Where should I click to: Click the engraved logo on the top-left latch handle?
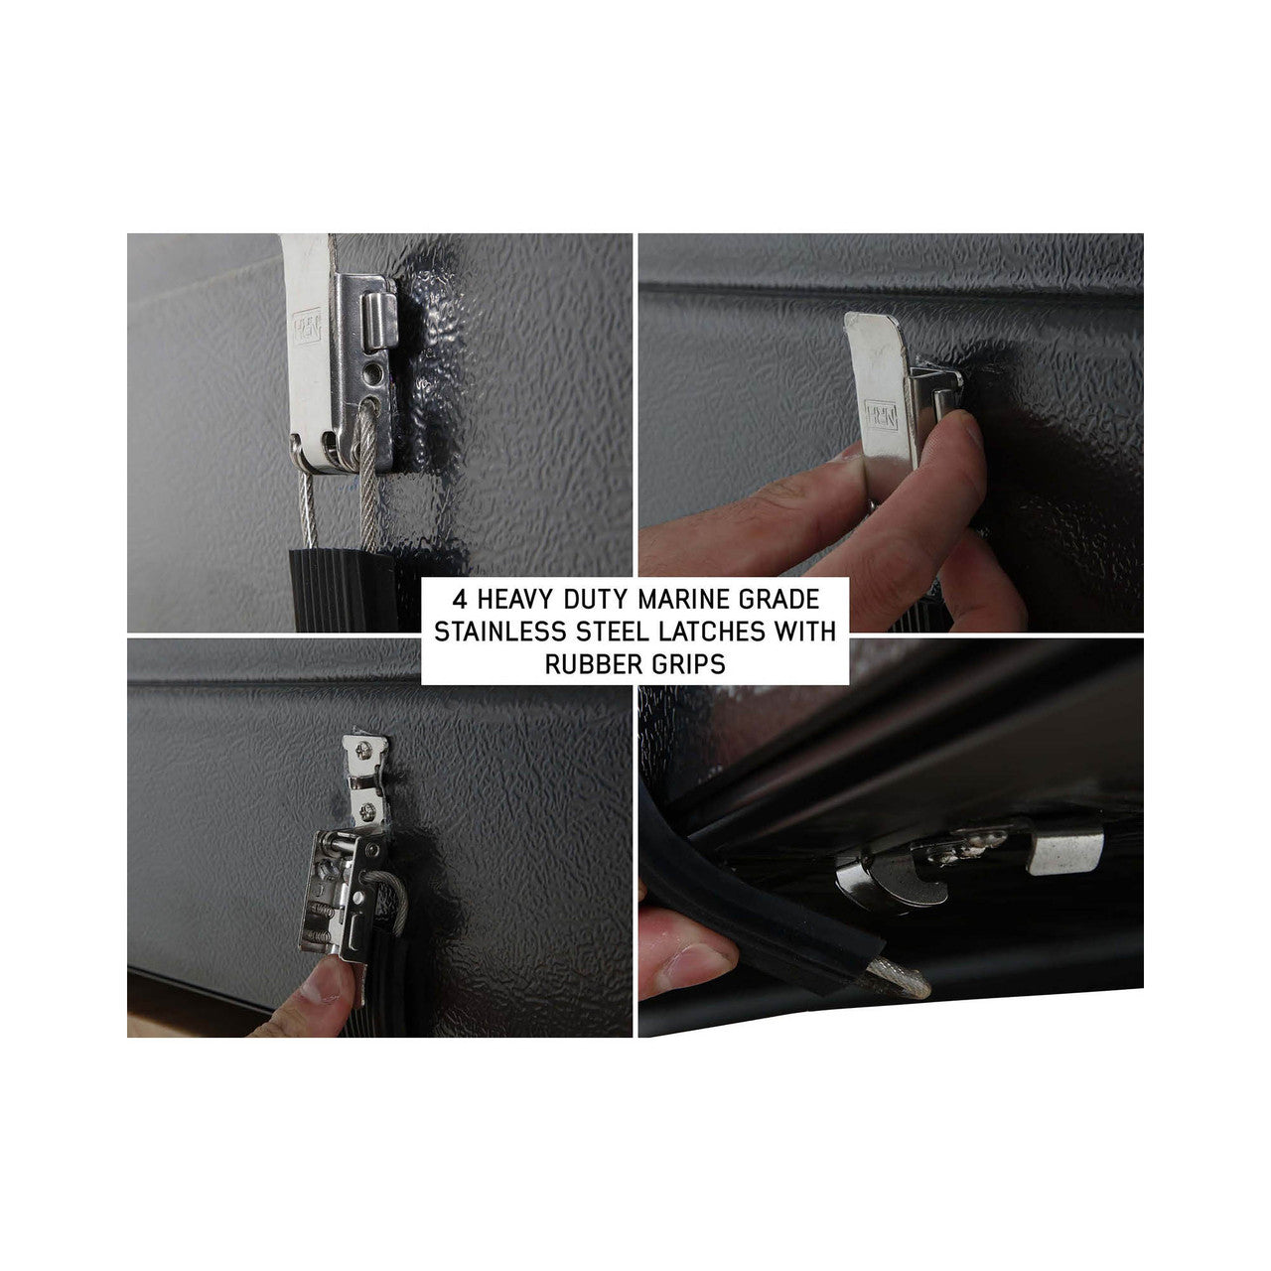pos(307,326)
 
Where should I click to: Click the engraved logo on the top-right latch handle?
pos(882,416)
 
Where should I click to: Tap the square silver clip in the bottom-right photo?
pos(1064,852)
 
